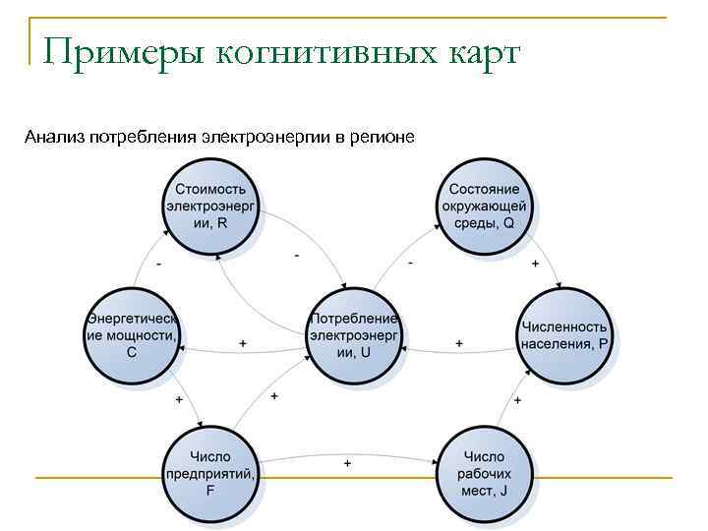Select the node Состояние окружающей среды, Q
(485, 206)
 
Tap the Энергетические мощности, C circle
(133, 334)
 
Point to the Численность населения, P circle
(565, 334)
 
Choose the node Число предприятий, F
(210, 472)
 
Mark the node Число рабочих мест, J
(485, 472)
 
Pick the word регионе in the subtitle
(381, 135)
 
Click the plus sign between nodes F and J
(347, 463)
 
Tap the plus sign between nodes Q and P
(535, 265)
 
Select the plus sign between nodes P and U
(458, 343)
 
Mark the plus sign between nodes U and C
(242, 343)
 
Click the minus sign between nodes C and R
(159, 265)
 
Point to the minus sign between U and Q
(410, 264)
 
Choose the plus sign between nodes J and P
(517, 401)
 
